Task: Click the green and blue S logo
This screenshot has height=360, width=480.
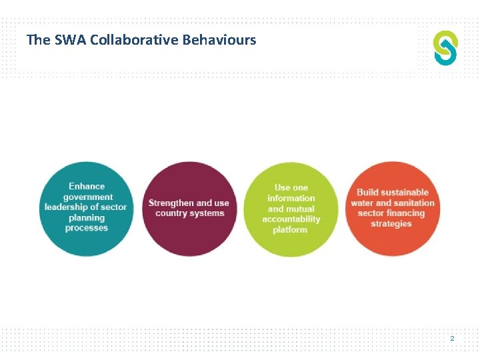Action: (445, 48)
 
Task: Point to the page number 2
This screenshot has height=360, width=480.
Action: (452, 339)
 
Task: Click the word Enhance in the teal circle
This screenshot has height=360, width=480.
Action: (86, 186)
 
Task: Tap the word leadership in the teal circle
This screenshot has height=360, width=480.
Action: (66, 207)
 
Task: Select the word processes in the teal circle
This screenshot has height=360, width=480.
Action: (86, 228)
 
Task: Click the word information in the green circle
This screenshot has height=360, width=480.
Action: (291, 198)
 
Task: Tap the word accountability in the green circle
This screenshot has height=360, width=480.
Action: (291, 219)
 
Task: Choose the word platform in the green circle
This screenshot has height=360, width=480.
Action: (291, 230)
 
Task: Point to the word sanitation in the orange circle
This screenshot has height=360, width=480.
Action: (414, 203)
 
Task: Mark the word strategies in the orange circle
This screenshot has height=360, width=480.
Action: (391, 224)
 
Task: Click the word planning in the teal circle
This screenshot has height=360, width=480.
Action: (86, 217)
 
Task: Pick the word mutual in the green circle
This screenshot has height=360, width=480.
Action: (301, 209)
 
